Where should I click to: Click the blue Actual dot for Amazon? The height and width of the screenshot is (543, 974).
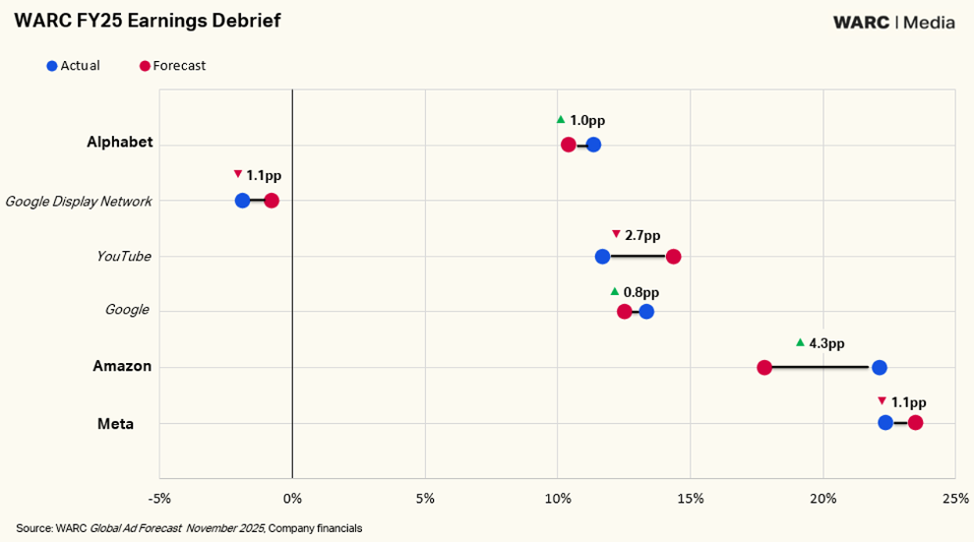(x=879, y=367)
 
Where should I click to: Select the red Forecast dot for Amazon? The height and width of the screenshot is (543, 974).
(x=764, y=367)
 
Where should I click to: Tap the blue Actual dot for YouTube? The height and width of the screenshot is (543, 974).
(x=602, y=256)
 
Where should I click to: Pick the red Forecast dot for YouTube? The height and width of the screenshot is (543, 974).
(x=673, y=256)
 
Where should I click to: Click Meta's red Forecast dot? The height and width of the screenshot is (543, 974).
(x=915, y=423)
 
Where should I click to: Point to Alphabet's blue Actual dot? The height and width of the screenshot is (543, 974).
(x=594, y=145)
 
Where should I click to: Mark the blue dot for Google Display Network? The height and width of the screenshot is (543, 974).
(x=242, y=201)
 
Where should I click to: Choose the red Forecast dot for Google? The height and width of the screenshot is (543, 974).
(x=625, y=311)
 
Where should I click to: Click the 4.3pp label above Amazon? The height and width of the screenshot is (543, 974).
(x=826, y=343)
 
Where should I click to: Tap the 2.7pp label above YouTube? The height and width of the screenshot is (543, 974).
(x=642, y=235)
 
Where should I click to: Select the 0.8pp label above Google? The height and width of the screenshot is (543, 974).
(x=641, y=292)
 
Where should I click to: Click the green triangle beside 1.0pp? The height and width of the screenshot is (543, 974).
(x=561, y=119)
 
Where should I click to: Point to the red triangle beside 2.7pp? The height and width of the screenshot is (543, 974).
(x=616, y=234)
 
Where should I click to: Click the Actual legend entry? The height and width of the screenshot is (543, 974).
(x=74, y=66)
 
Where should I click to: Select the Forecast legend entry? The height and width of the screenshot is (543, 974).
(x=172, y=66)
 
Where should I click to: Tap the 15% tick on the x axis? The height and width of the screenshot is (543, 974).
(x=691, y=499)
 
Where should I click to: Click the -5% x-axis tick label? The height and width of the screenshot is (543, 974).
(x=159, y=499)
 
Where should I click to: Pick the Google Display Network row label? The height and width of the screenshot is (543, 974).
(x=79, y=202)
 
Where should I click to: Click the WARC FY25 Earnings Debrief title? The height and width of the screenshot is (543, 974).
(x=148, y=21)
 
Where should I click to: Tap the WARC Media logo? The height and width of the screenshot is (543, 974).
(x=894, y=23)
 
